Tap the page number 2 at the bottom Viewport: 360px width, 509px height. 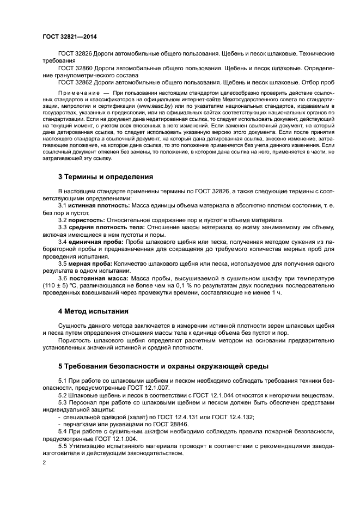[x=45, y=462]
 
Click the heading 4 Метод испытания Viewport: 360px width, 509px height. [x=93, y=311]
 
